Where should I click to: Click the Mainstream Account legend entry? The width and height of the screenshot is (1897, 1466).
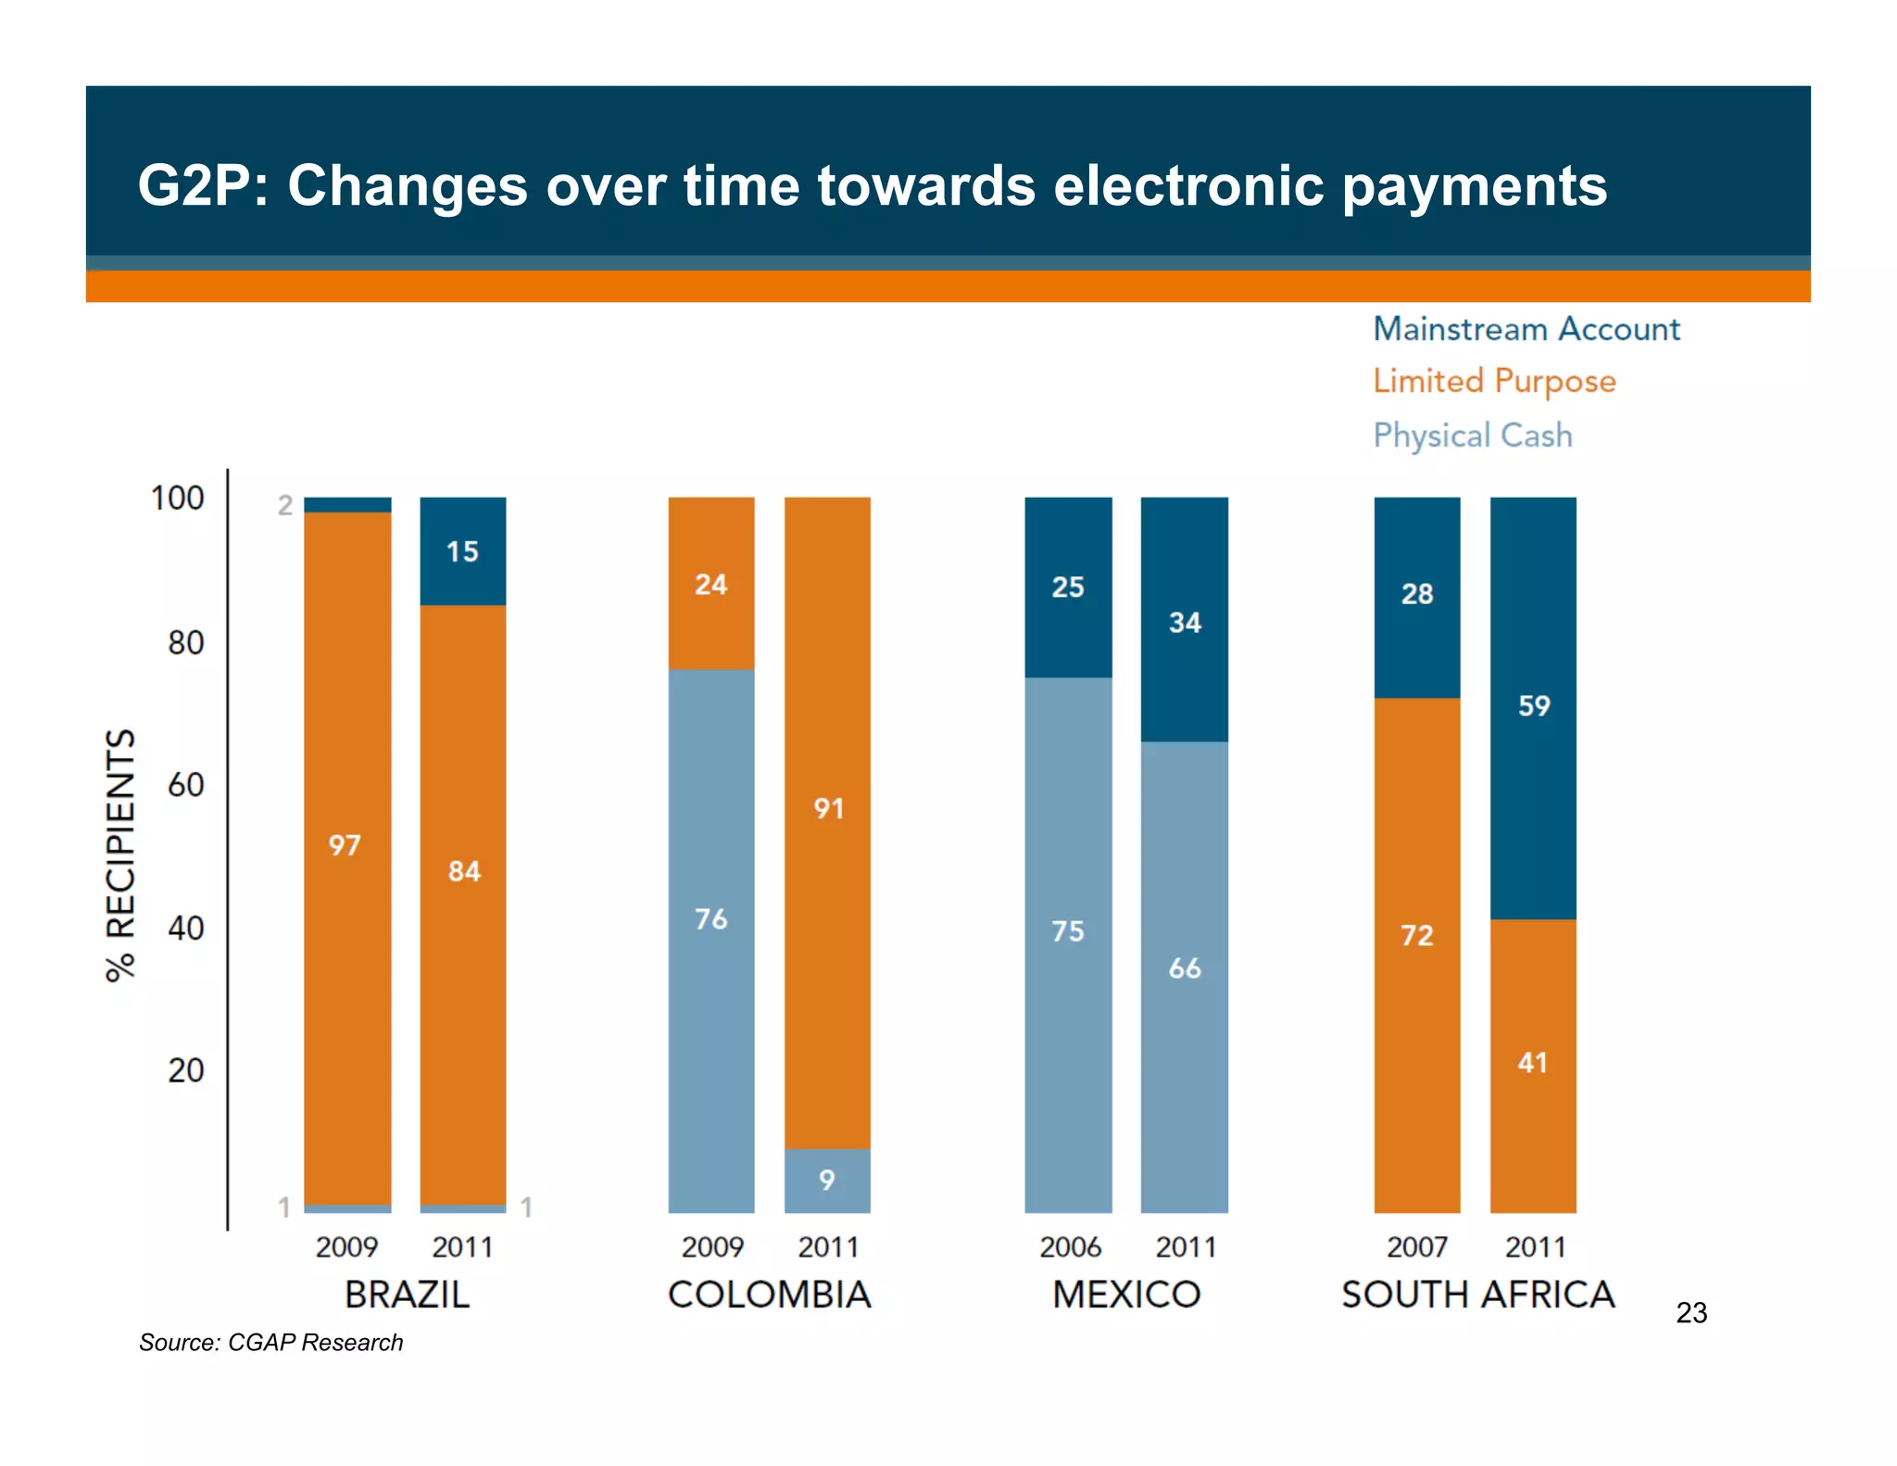pyautogui.click(x=1526, y=329)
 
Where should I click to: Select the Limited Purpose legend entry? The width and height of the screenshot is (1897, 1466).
pyautogui.click(x=1493, y=381)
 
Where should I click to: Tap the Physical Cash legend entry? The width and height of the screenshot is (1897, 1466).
pyautogui.click(x=1472, y=435)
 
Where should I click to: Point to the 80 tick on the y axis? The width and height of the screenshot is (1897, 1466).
pyautogui.click(x=185, y=642)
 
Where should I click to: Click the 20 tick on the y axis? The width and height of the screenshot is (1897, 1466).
pyautogui.click(x=185, y=1070)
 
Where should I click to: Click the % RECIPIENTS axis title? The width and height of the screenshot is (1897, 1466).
pyautogui.click(x=121, y=854)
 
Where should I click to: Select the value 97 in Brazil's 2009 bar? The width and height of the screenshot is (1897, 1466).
pyautogui.click(x=345, y=845)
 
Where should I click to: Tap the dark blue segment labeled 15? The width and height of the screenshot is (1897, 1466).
pyautogui.click(x=462, y=551)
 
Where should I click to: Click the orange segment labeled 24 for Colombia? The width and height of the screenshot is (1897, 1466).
pyautogui.click(x=710, y=585)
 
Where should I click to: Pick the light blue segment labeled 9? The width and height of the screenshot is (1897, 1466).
pyautogui.click(x=826, y=1181)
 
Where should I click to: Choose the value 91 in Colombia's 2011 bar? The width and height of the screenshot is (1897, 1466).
pyautogui.click(x=828, y=809)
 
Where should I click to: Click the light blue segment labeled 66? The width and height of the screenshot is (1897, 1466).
pyautogui.click(x=1184, y=968)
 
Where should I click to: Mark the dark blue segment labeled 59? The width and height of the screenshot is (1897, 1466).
pyautogui.click(x=1533, y=706)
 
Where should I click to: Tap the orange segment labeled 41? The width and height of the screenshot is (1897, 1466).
pyautogui.click(x=1532, y=1063)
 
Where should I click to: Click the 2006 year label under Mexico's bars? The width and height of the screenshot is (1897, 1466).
pyautogui.click(x=1070, y=1247)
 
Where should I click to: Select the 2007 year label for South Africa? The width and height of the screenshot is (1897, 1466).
pyautogui.click(x=1416, y=1247)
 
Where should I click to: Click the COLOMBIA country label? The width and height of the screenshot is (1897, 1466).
pyautogui.click(x=769, y=1295)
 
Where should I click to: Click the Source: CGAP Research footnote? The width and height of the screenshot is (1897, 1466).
pyautogui.click(x=270, y=1343)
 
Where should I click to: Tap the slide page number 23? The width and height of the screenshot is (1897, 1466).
pyautogui.click(x=1691, y=1313)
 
